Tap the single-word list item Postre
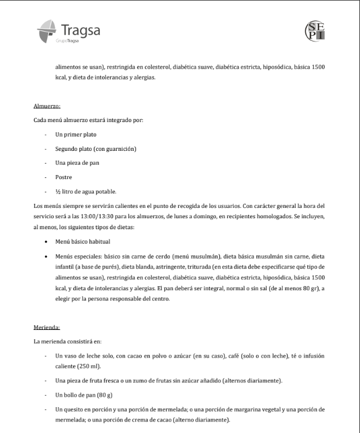[64, 177]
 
